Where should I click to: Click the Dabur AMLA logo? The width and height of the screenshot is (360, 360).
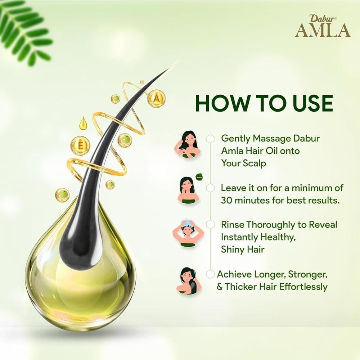tap(323, 26)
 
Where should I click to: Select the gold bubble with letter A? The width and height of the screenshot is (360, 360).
tap(156, 99)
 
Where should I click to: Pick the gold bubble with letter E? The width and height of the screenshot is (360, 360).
tap(80, 145)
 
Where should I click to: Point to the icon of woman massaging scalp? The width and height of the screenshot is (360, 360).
tap(188, 145)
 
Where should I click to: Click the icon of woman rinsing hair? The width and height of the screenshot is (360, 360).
tap(188, 233)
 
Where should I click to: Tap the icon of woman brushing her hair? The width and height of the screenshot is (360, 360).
tap(188, 281)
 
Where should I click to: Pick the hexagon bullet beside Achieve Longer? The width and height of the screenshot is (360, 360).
tap(210, 274)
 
